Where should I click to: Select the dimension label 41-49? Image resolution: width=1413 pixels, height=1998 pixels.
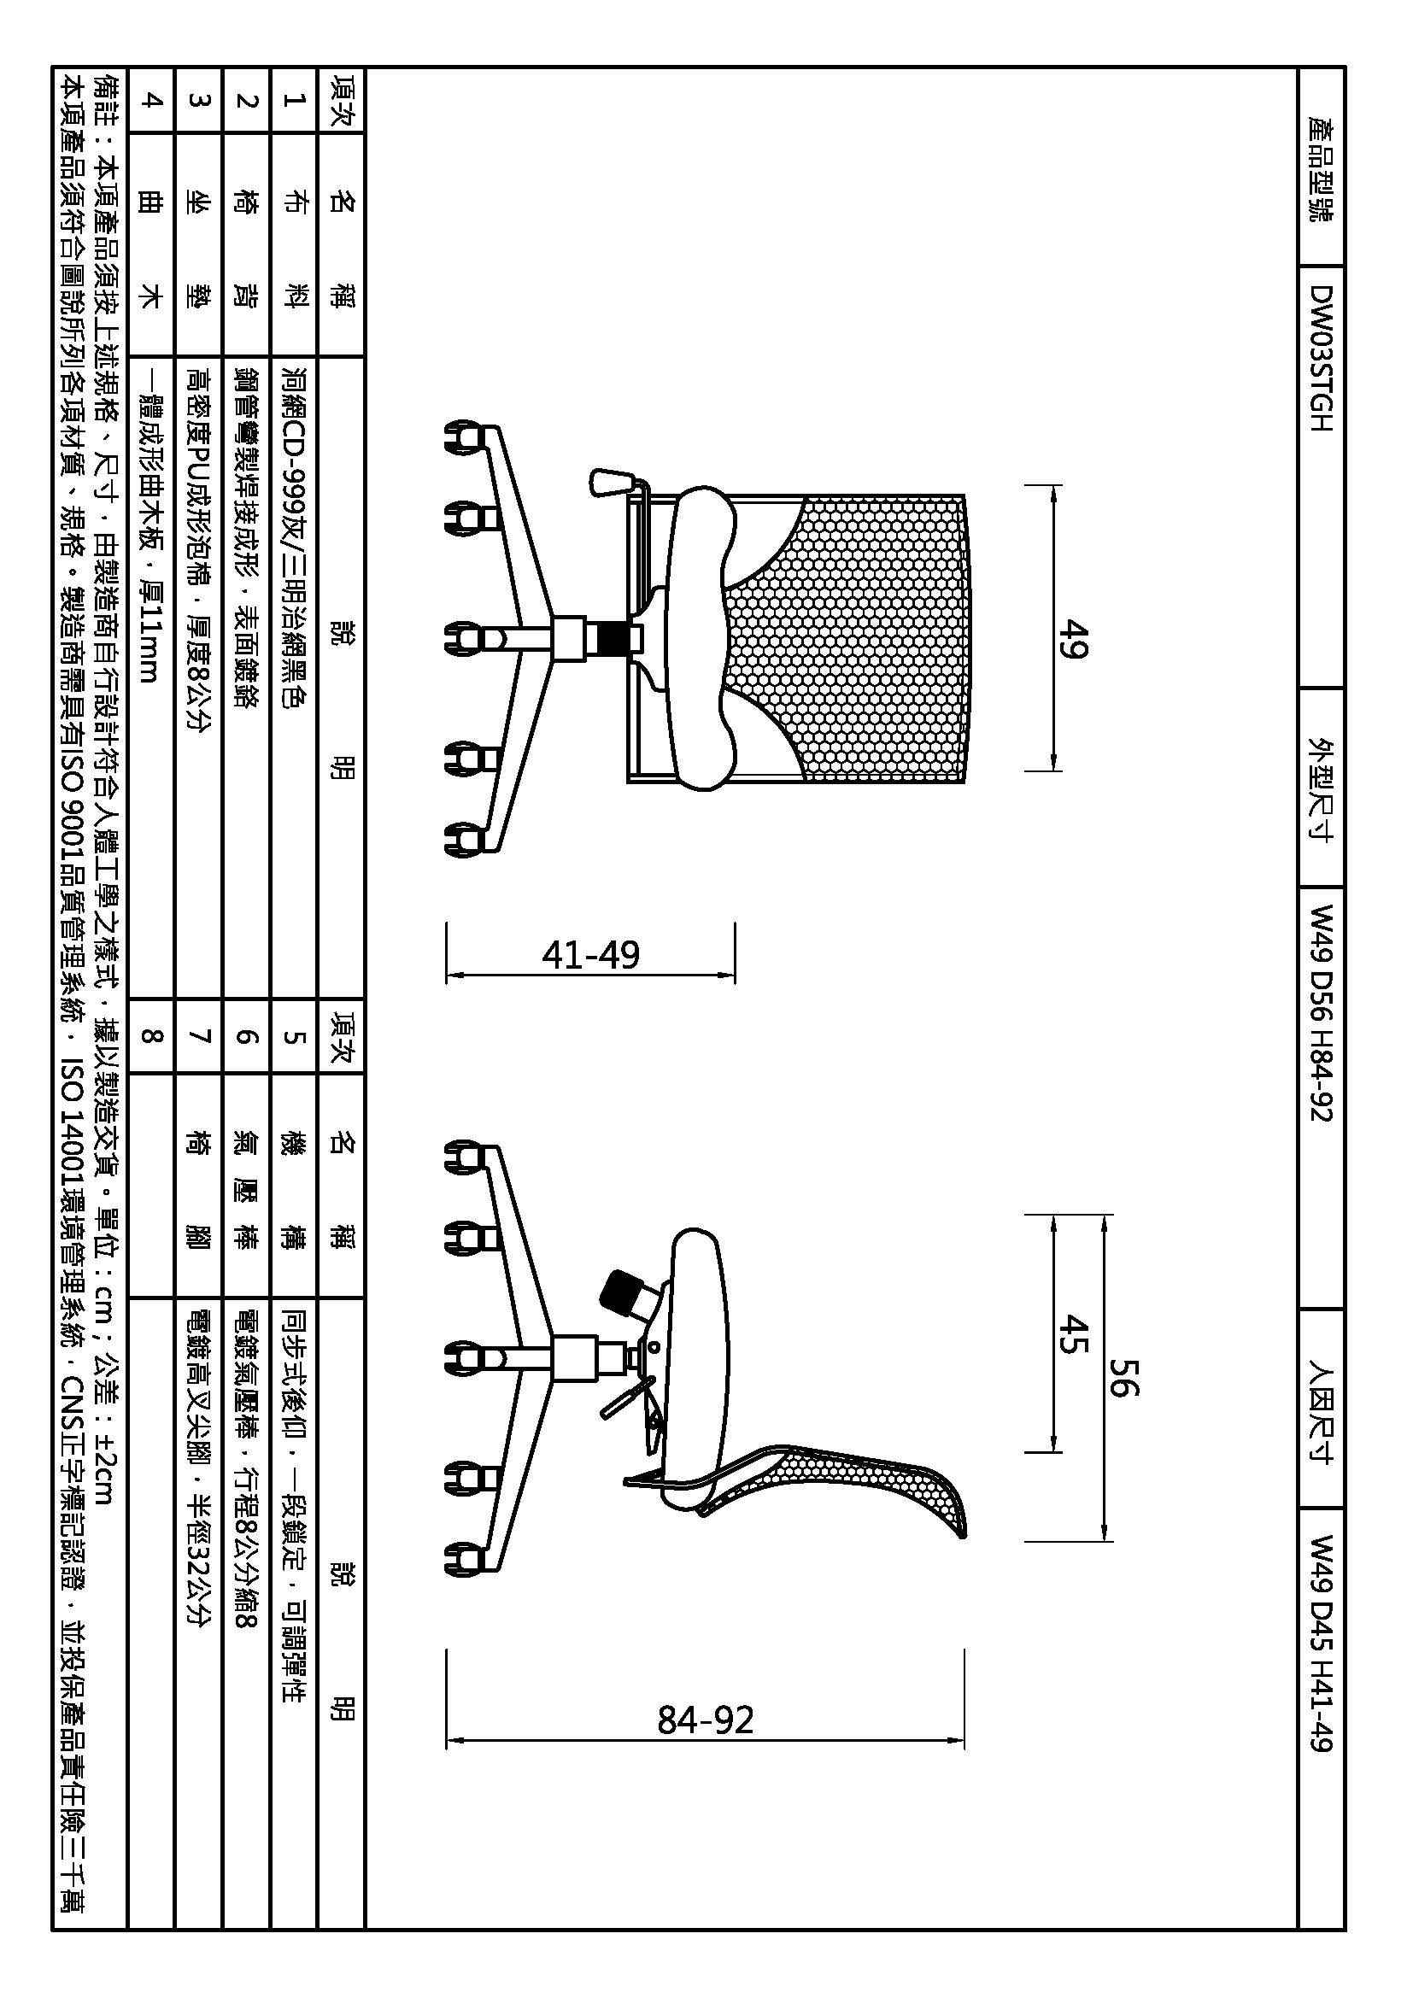pyautogui.click(x=591, y=955)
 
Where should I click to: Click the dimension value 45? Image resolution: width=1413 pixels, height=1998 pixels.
pyautogui.click(x=1076, y=1333)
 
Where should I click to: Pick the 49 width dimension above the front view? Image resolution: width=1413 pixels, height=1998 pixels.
pyautogui.click(x=1076, y=639)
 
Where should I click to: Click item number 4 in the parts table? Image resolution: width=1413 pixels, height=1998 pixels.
pyautogui.click(x=150, y=99)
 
